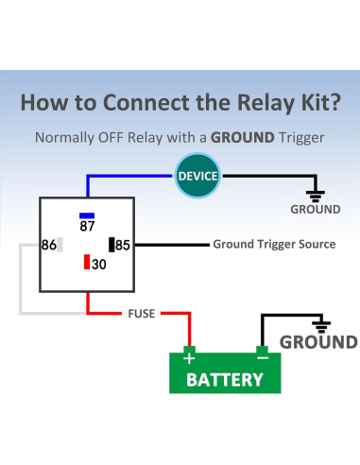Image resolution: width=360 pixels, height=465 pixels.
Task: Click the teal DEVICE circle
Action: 197,176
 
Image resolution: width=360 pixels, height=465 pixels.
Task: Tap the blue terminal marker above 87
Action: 87,215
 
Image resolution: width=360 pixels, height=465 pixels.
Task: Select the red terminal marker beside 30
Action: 87,262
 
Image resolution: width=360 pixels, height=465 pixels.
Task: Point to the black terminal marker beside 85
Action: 111,245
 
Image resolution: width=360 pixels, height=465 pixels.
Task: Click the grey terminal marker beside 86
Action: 60,245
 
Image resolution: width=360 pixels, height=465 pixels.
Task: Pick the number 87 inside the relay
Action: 87,226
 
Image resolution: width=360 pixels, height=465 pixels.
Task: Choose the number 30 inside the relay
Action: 99,265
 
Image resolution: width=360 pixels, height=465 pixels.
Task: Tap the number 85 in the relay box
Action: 123,245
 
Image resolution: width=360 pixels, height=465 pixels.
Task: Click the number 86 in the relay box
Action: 49,245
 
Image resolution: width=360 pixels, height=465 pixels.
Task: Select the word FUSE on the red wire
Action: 142,314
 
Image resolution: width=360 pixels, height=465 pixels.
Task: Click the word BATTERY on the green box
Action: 225,380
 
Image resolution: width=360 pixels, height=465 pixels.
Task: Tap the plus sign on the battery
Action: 189,358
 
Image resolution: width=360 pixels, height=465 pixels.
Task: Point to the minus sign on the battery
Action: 263,357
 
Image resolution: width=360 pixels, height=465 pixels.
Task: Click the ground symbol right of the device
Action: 316,196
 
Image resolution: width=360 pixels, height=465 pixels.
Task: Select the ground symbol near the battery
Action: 321,327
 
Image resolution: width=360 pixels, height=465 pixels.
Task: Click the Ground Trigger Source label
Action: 274,244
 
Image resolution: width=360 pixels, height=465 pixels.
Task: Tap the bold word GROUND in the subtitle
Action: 243,138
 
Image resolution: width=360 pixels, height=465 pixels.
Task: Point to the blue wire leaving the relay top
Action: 88,186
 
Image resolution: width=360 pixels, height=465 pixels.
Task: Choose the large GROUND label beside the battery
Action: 318,342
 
